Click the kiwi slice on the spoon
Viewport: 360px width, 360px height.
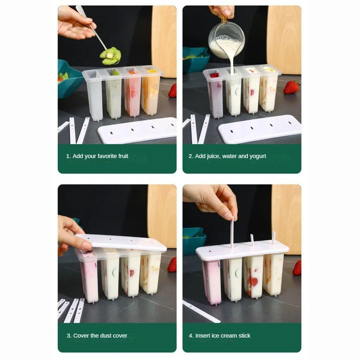pos(111,56)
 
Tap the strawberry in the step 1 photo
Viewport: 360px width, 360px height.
pos(173,91)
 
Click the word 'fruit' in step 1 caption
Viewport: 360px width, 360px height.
pos(121,156)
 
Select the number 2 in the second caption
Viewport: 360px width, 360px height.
pos(190,156)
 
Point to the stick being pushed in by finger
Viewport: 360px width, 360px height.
pos(232,232)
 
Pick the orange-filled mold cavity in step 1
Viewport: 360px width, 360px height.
pos(150,92)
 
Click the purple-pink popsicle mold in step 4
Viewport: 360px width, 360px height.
pos(212,281)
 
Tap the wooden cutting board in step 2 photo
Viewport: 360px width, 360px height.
pos(284,40)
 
